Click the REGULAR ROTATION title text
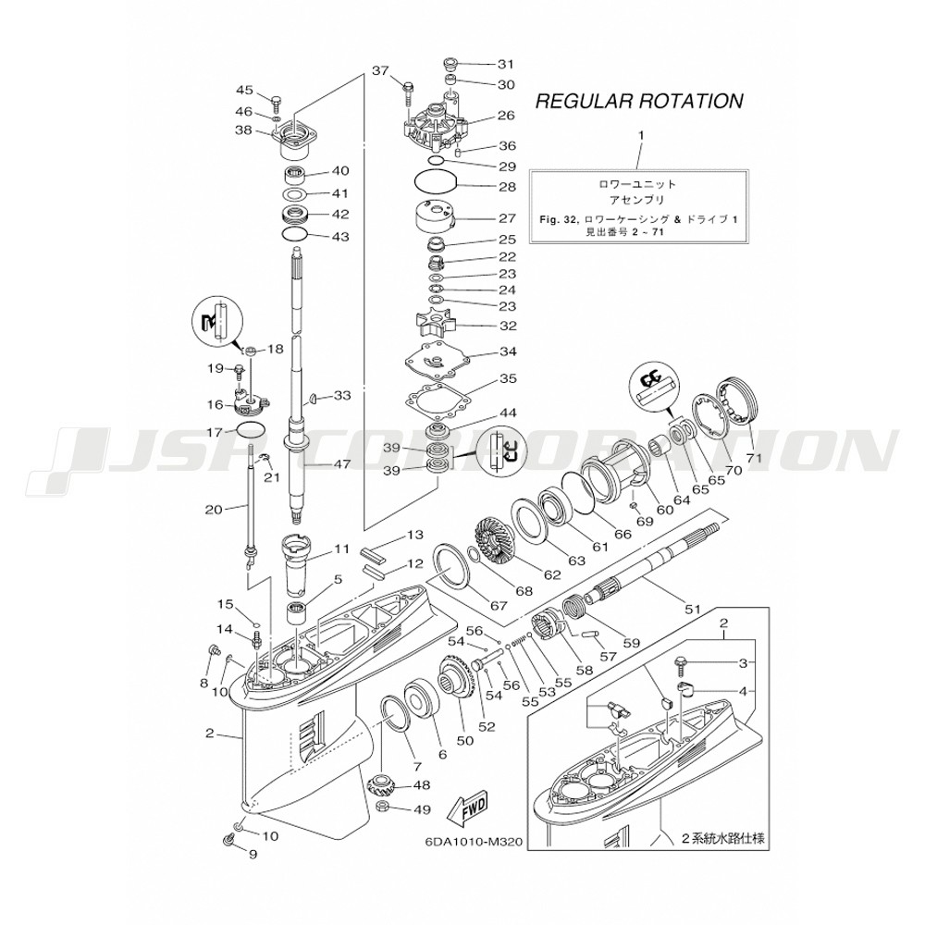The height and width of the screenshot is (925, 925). [x=639, y=100]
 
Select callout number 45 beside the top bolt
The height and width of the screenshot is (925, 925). [x=244, y=90]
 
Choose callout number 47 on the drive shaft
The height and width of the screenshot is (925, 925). [x=343, y=464]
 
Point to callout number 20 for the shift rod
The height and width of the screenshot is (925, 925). [x=213, y=509]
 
